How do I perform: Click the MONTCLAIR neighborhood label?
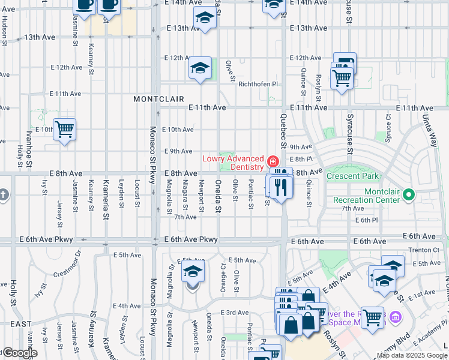point(158,98)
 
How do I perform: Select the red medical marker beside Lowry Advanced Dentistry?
point(273,161)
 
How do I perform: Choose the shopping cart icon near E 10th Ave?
point(64,129)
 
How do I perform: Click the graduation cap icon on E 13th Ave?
point(205,18)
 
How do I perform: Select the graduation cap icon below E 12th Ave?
point(200,68)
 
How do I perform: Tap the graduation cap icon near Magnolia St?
point(193,272)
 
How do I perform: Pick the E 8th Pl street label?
point(301,160)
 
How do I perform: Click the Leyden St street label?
point(121,191)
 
